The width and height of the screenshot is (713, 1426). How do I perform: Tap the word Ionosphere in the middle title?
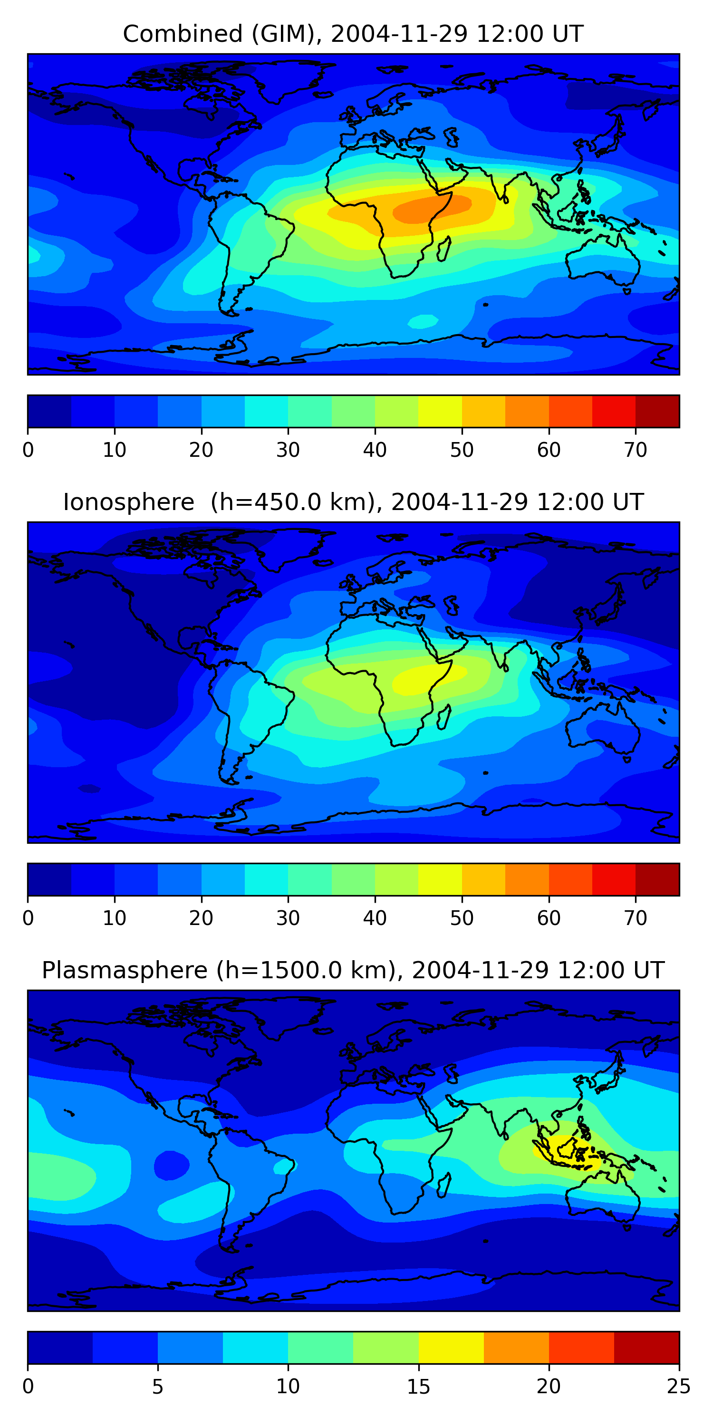coord(128,502)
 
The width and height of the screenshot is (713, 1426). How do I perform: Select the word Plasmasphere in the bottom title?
coord(125,971)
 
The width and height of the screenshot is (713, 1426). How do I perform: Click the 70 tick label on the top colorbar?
coord(636,450)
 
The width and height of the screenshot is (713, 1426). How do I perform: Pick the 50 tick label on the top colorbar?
coord(462,450)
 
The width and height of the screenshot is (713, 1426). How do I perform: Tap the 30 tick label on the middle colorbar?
coord(288,918)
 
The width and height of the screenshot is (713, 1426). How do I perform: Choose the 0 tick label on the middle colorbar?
coord(28,918)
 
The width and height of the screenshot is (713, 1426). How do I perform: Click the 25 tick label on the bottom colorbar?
coord(679,1386)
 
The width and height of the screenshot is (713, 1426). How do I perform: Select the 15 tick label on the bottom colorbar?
coord(418,1386)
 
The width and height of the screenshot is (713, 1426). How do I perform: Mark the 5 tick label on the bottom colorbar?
coord(158,1386)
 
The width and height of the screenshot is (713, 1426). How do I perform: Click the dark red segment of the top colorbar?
coord(657,411)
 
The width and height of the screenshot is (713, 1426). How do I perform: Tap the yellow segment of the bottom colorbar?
coord(451,1348)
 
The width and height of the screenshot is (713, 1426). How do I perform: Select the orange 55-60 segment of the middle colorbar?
coord(527,879)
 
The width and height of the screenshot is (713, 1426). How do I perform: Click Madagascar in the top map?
coord(444,249)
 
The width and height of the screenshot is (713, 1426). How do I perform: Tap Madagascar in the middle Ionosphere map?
coord(444,717)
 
